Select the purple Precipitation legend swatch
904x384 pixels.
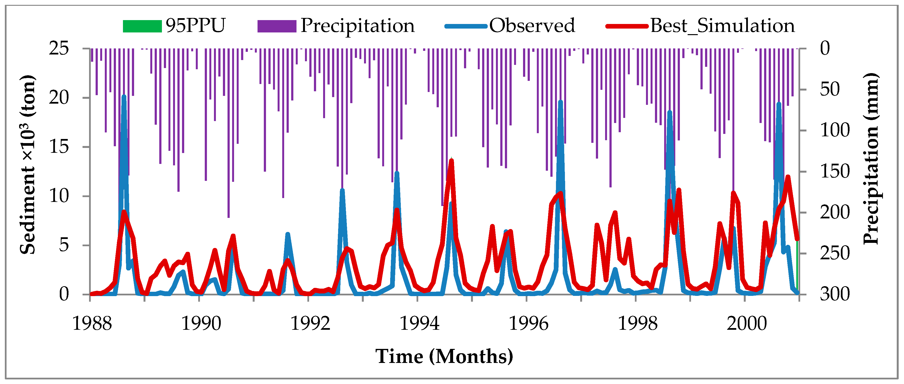click(x=277, y=26)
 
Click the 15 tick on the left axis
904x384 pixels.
click(x=59, y=146)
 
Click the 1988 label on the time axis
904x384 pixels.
click(x=92, y=323)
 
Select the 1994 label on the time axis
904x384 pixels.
click(x=419, y=323)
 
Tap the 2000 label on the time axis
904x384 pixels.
click(x=746, y=323)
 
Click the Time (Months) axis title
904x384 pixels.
click(x=444, y=356)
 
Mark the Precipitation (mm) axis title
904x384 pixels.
click(x=870, y=159)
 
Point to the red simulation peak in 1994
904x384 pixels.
click(x=451, y=161)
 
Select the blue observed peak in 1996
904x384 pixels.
click(x=561, y=102)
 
